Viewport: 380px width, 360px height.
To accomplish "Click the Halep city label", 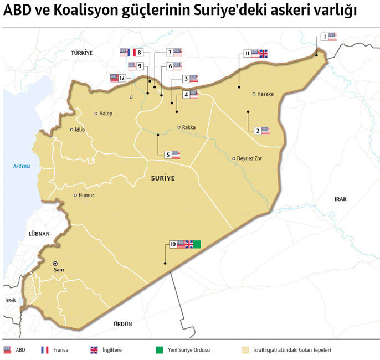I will click(106, 114).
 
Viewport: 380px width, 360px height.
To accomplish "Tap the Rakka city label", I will click(189, 127).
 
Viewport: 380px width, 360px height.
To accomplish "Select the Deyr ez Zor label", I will click(250, 158).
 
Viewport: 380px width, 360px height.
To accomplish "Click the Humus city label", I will click(86, 196).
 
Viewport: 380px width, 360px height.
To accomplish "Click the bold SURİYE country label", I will click(162, 178).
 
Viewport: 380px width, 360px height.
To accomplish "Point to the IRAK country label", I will click(340, 199).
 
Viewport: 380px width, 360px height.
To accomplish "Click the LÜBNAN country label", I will click(38, 234).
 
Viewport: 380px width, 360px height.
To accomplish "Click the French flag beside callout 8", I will click(132, 53).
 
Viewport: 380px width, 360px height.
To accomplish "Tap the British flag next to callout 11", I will click(263, 54).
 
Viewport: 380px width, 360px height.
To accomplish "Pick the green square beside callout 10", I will click(197, 244).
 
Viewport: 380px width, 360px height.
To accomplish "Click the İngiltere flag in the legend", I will click(95, 350).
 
